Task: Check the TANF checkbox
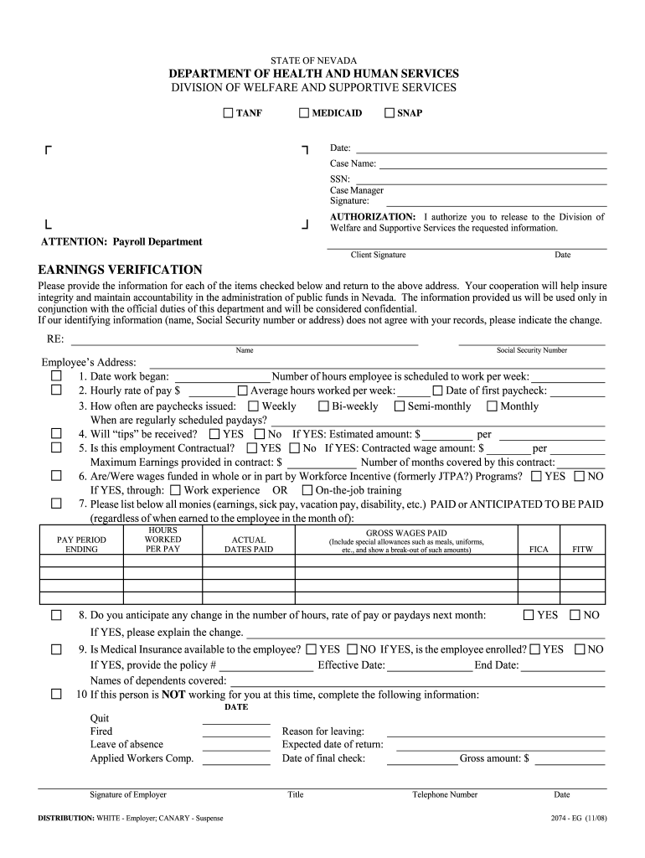tap(229, 113)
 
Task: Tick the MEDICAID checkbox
tap(305, 113)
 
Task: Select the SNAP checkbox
tap(390, 113)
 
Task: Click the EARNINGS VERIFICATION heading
tap(120, 270)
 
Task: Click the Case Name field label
tap(353, 164)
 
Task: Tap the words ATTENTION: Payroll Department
tap(122, 241)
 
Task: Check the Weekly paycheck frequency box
tap(254, 406)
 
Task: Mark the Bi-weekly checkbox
tap(323, 406)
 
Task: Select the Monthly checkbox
tap(493, 406)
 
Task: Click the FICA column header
tap(539, 550)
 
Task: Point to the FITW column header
tap(582, 550)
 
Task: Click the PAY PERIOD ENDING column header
tap(81, 545)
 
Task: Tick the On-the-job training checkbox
tap(307, 490)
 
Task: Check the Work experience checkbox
tap(175, 490)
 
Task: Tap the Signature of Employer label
tap(128, 794)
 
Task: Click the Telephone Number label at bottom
tap(445, 794)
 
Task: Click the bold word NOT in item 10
tap(173, 695)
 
